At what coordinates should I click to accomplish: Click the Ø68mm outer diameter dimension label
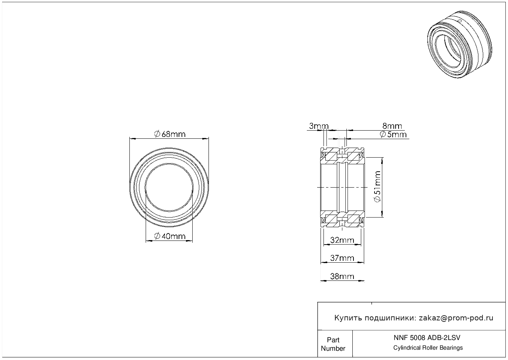170,134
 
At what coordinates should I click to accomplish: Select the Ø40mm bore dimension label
170,236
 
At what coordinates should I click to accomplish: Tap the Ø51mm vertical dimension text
377,187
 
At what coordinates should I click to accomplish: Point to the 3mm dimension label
319,126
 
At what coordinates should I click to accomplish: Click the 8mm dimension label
392,126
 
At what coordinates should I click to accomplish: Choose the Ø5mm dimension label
393,134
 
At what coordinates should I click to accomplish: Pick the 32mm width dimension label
342,240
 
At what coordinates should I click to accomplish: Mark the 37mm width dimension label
342,258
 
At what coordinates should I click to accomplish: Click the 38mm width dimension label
342,276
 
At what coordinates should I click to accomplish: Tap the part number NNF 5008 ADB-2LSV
427,338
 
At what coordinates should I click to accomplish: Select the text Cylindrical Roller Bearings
428,347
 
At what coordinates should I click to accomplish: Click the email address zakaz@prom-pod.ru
456,318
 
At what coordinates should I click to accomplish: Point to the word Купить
348,318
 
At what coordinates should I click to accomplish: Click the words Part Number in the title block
333,344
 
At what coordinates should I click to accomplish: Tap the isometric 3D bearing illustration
460,44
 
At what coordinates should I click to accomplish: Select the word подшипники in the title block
390,318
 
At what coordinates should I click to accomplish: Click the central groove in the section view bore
342,187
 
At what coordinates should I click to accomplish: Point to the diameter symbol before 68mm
157,134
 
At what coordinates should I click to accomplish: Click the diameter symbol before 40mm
157,236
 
